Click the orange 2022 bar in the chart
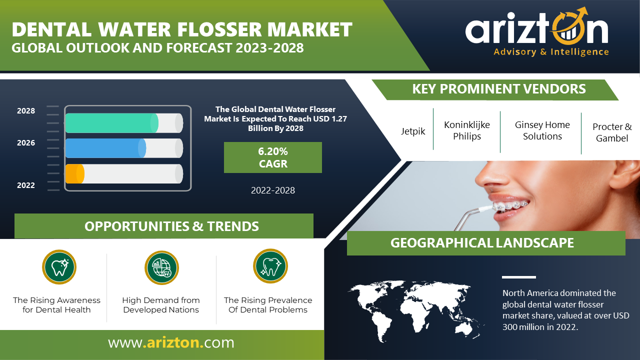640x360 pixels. pyautogui.click(x=75, y=173)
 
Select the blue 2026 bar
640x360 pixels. pyautogui.click(x=105, y=148)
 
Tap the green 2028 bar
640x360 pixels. pyautogui.click(x=111, y=123)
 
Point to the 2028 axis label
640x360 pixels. pyautogui.click(x=25, y=111)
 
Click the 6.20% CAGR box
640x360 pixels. pyautogui.click(x=273, y=157)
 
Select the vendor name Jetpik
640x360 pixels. pyautogui.click(x=413, y=131)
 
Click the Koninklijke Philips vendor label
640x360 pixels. pyautogui.click(x=467, y=130)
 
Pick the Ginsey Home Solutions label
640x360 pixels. pyautogui.click(x=542, y=130)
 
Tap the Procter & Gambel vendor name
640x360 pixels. pyautogui.click(x=612, y=132)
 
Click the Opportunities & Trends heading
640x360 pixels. pyautogui.click(x=171, y=226)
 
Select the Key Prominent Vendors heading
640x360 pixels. pyautogui.click(x=499, y=89)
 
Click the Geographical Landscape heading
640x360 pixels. pyautogui.click(x=482, y=243)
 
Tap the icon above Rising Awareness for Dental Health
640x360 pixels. pyautogui.click(x=59, y=267)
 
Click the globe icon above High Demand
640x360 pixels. pyautogui.click(x=161, y=267)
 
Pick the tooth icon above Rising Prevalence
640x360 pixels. pyautogui.click(x=270, y=266)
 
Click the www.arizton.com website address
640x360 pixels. pyautogui.click(x=171, y=342)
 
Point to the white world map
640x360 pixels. pyautogui.click(x=415, y=311)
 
